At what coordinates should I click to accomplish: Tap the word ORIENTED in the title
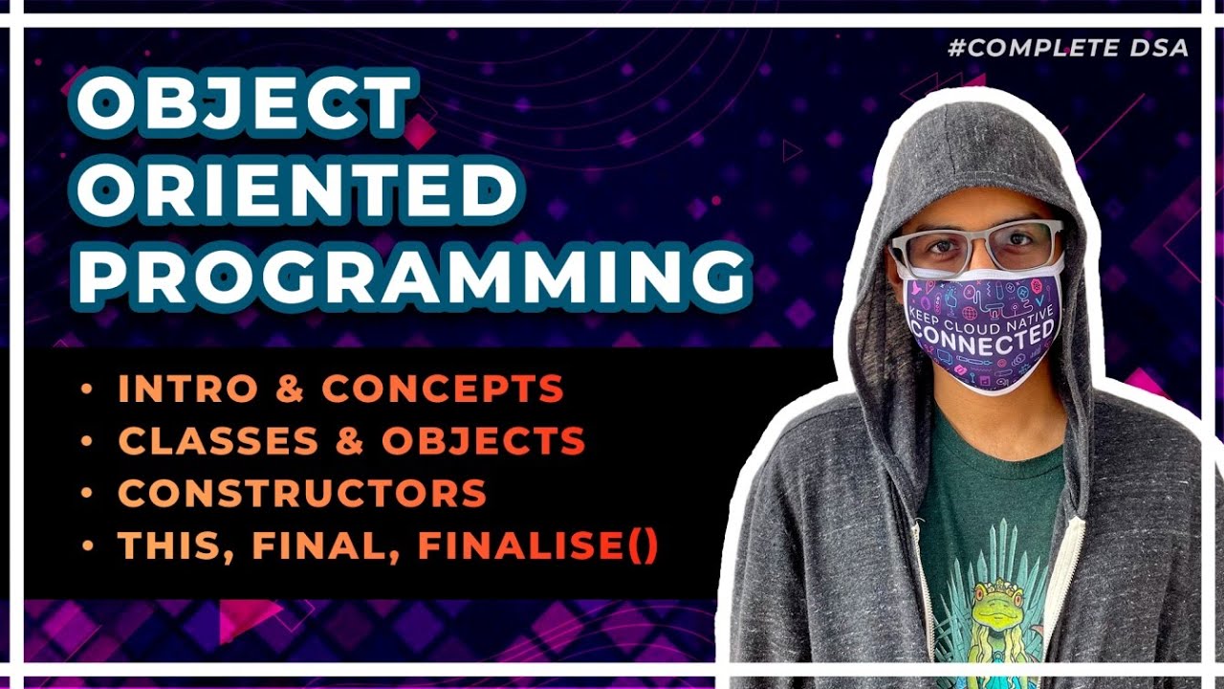pos(297,189)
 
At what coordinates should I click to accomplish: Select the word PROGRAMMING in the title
pos(411,274)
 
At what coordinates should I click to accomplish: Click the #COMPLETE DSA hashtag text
pos(1068,48)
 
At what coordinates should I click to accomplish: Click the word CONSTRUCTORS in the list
pos(302,494)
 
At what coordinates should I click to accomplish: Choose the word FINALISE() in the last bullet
pos(537,545)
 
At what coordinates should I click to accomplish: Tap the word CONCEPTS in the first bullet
pos(442,389)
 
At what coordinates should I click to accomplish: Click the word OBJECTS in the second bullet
pos(483,441)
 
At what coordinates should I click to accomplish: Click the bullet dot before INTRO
pos(88,389)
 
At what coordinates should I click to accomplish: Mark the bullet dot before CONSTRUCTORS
pos(88,494)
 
